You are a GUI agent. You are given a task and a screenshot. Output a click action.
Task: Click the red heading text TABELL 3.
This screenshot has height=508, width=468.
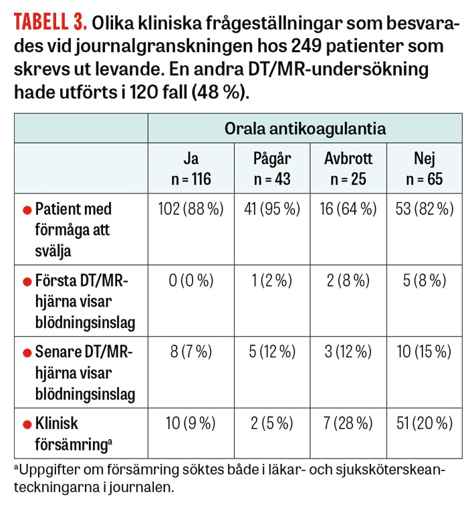click(51, 23)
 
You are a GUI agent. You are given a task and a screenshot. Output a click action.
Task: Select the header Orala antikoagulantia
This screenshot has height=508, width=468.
click(305, 129)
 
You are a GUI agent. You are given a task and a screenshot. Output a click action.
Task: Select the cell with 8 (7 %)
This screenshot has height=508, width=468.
click(191, 353)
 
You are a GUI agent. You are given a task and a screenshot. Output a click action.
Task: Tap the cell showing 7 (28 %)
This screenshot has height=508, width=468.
click(348, 423)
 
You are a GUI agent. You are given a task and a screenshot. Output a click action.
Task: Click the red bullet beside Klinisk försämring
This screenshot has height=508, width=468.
click(27, 424)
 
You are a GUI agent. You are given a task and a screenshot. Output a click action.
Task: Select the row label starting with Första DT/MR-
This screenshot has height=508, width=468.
click(80, 302)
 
